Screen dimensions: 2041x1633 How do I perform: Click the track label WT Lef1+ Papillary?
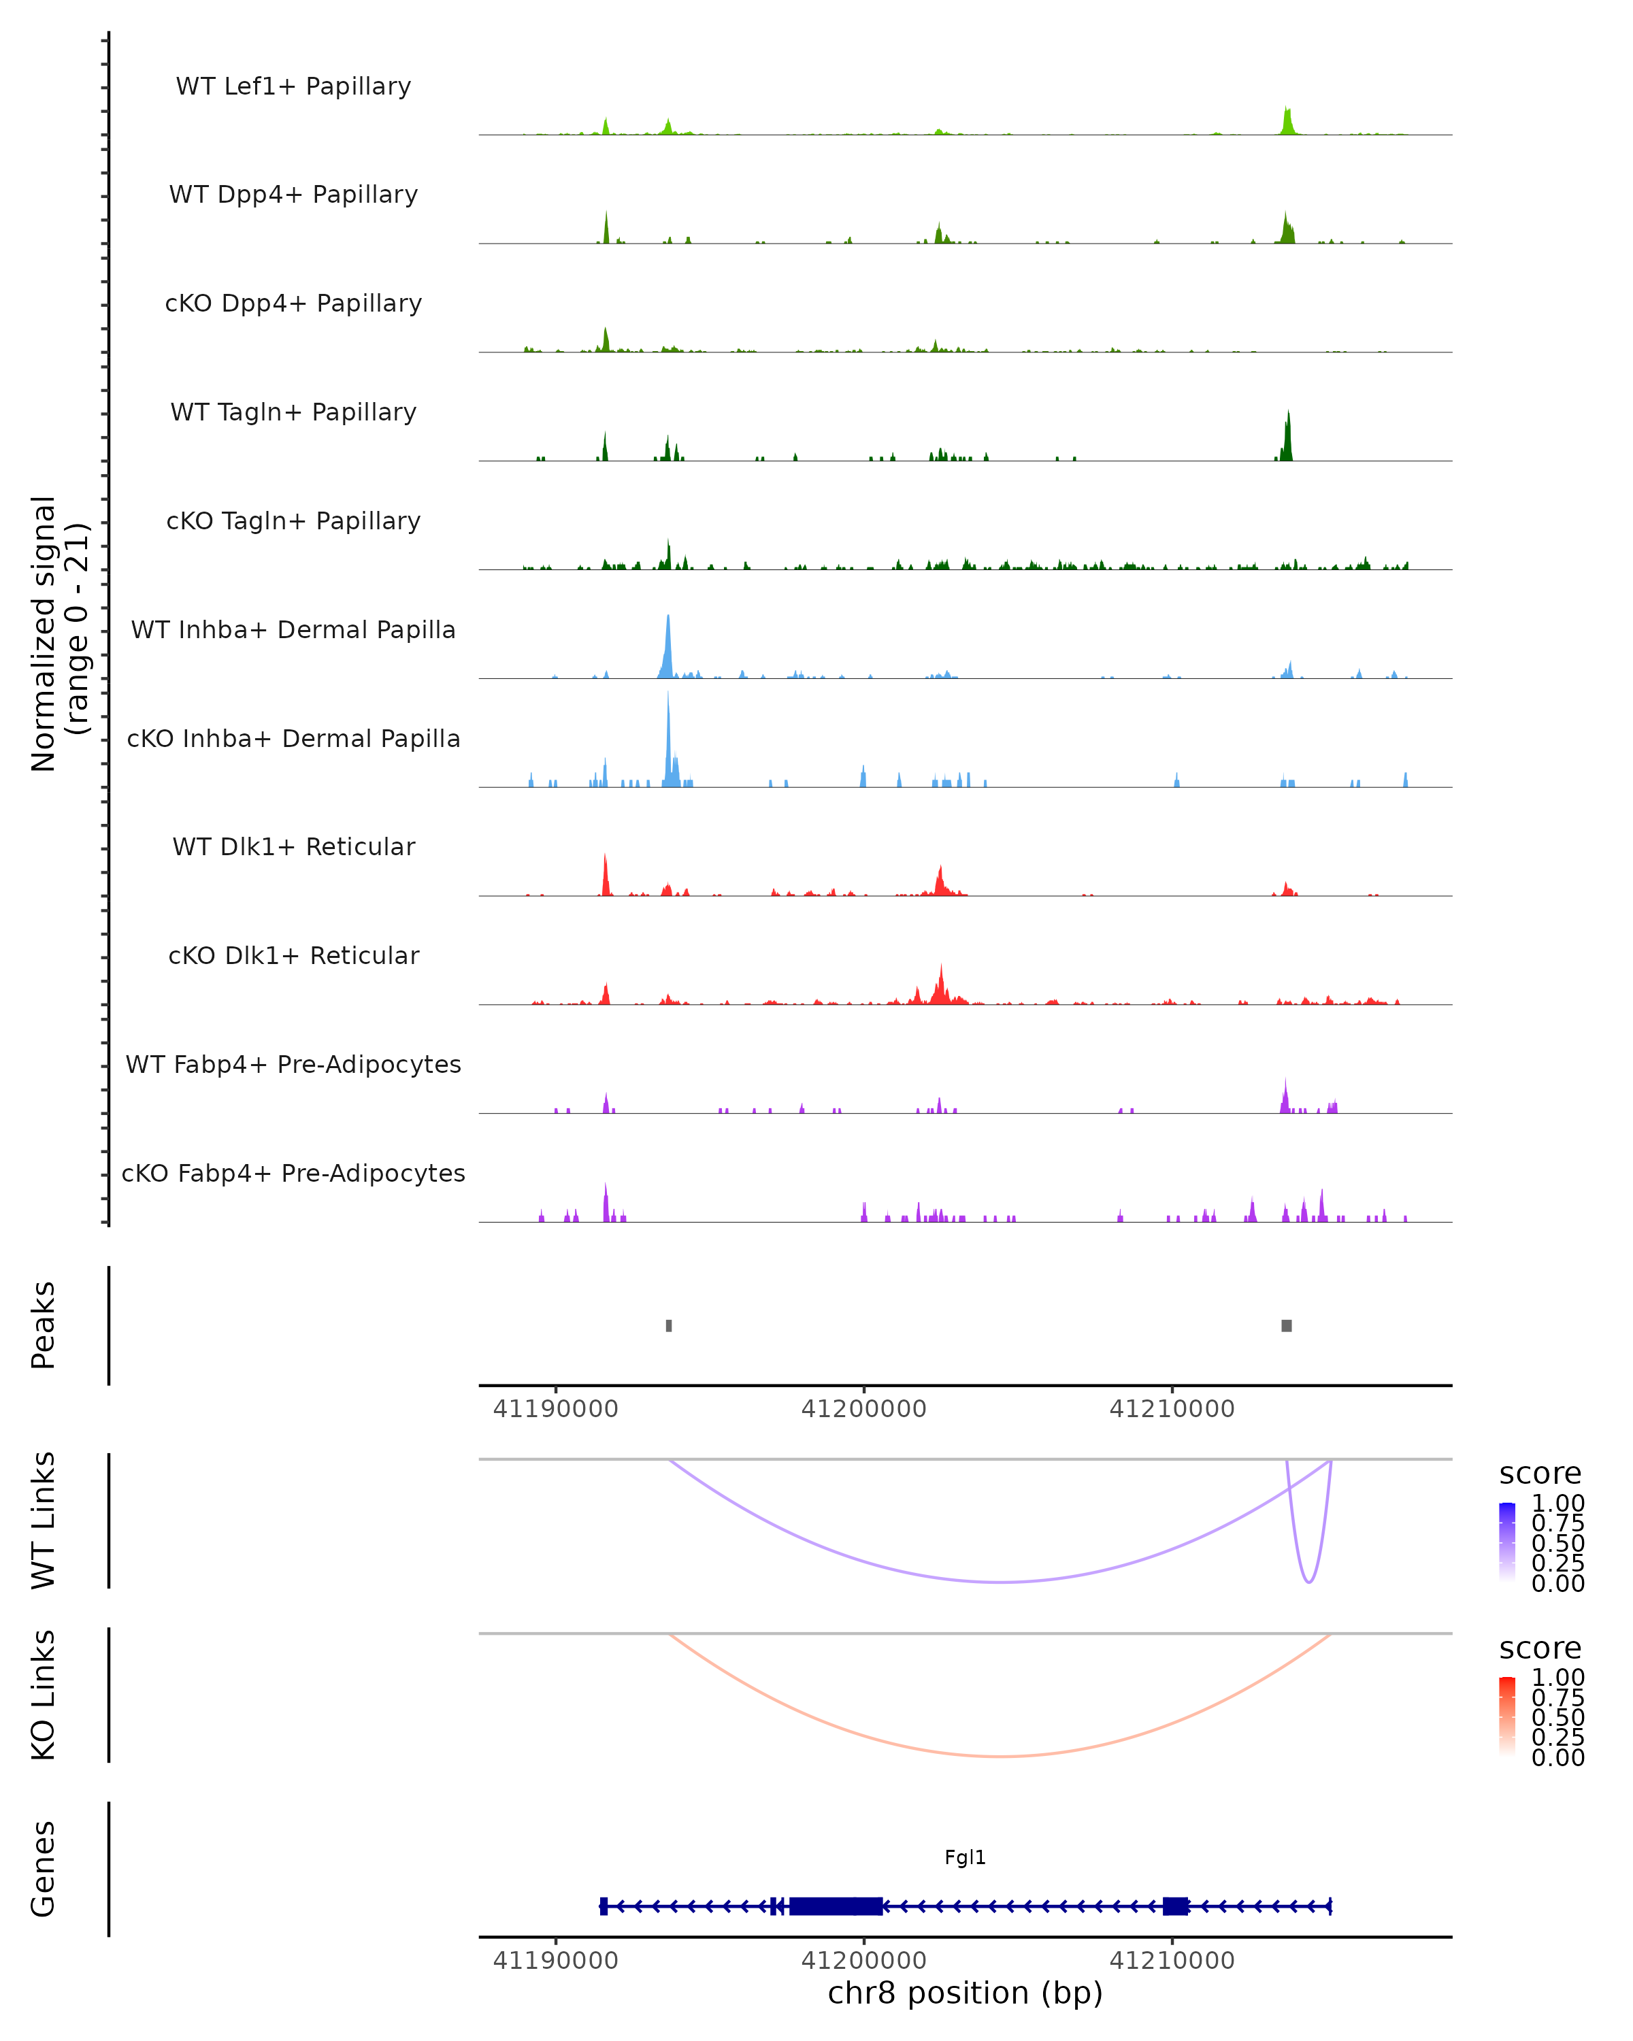pyautogui.click(x=293, y=86)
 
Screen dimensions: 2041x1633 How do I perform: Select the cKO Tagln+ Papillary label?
pyautogui.click(x=293, y=520)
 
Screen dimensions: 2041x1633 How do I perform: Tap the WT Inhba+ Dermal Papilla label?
pyautogui.click(x=293, y=629)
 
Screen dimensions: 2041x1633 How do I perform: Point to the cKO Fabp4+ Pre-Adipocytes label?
pyautogui.click(x=293, y=1173)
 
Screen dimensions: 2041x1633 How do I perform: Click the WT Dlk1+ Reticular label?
pyautogui.click(x=293, y=846)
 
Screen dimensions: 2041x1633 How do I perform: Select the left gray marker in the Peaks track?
pyautogui.click(x=670, y=1325)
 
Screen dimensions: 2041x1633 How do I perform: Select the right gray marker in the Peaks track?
pyautogui.click(x=1287, y=1325)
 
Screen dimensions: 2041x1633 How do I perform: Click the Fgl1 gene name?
pyautogui.click(x=965, y=1857)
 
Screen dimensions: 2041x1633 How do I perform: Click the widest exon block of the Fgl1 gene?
pyautogui.click(x=836, y=1906)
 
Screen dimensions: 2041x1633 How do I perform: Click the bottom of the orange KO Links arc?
pyautogui.click(x=1001, y=1756)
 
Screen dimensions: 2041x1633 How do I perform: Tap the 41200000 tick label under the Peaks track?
pyautogui.click(x=863, y=1409)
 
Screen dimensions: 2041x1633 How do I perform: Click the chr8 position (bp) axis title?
pyautogui.click(x=965, y=1993)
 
